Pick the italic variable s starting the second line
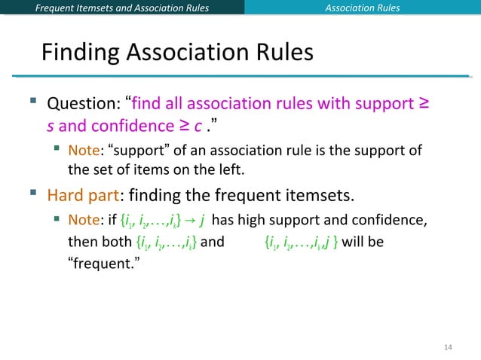(51, 124)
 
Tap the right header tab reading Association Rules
(362, 8)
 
